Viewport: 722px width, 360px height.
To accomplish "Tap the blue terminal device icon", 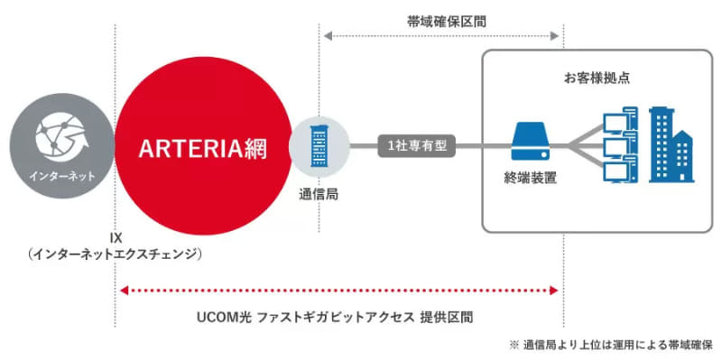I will coord(531,141).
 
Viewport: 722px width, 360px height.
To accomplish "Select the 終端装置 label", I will coord(531,178).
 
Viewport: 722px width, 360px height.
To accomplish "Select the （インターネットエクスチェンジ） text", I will coord(116,255).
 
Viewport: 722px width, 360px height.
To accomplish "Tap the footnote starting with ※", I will coord(611,345).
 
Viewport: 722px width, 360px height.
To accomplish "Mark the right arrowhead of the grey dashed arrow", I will coord(557,36).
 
